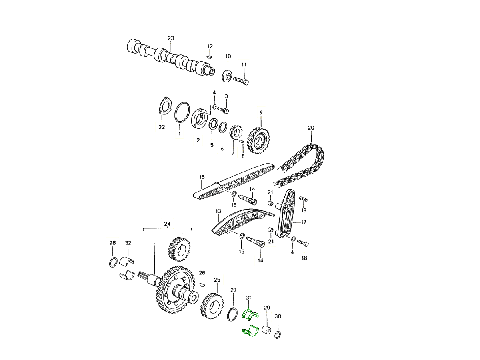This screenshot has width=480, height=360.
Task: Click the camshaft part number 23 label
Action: point(171,38)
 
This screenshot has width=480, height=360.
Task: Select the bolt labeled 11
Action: point(241,81)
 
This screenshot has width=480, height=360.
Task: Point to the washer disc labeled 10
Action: point(228,75)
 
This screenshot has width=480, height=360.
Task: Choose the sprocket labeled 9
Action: point(257,142)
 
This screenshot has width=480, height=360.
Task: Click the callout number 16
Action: point(202,176)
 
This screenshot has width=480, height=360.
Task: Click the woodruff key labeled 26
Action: point(202,284)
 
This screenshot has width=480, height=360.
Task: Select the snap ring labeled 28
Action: point(113,262)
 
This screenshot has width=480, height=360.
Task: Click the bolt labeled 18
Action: point(305,243)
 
